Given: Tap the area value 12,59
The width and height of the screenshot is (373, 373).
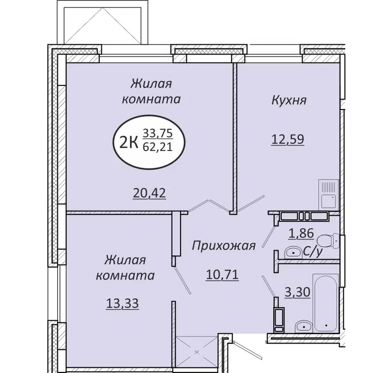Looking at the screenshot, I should coord(288,138).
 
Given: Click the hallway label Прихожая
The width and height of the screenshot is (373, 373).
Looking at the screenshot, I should coord(224,246).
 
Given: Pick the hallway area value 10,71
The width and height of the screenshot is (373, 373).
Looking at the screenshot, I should coord(222,275).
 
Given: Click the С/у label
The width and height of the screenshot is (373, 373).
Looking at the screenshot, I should coord(313,252).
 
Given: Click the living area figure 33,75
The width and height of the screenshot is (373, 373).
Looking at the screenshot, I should coord(158,133).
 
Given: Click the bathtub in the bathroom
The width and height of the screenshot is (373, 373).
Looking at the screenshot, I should coord(326,302).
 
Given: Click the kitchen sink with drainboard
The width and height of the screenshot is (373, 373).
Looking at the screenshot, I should coord(329,194).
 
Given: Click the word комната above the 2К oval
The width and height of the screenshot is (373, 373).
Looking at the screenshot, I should coord(151,99).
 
